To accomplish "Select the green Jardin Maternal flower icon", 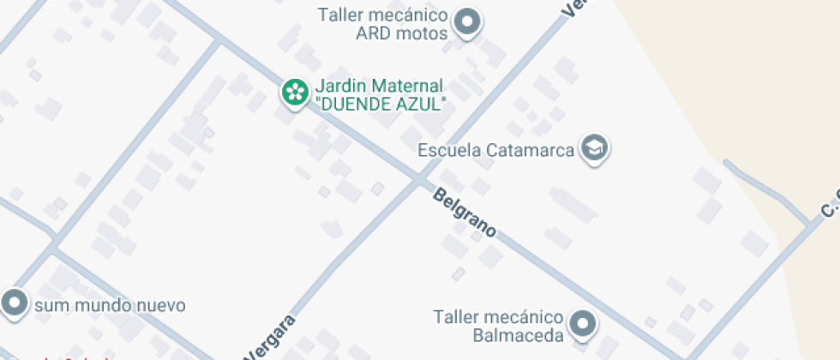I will (295, 91).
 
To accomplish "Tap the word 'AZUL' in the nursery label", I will (422, 104).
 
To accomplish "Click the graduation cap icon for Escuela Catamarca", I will (593, 147).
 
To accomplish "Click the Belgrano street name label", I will (465, 211).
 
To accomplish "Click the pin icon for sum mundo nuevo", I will (14, 302).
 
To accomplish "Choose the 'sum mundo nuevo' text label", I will (109, 305).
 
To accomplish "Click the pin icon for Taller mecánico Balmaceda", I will (584, 323).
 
